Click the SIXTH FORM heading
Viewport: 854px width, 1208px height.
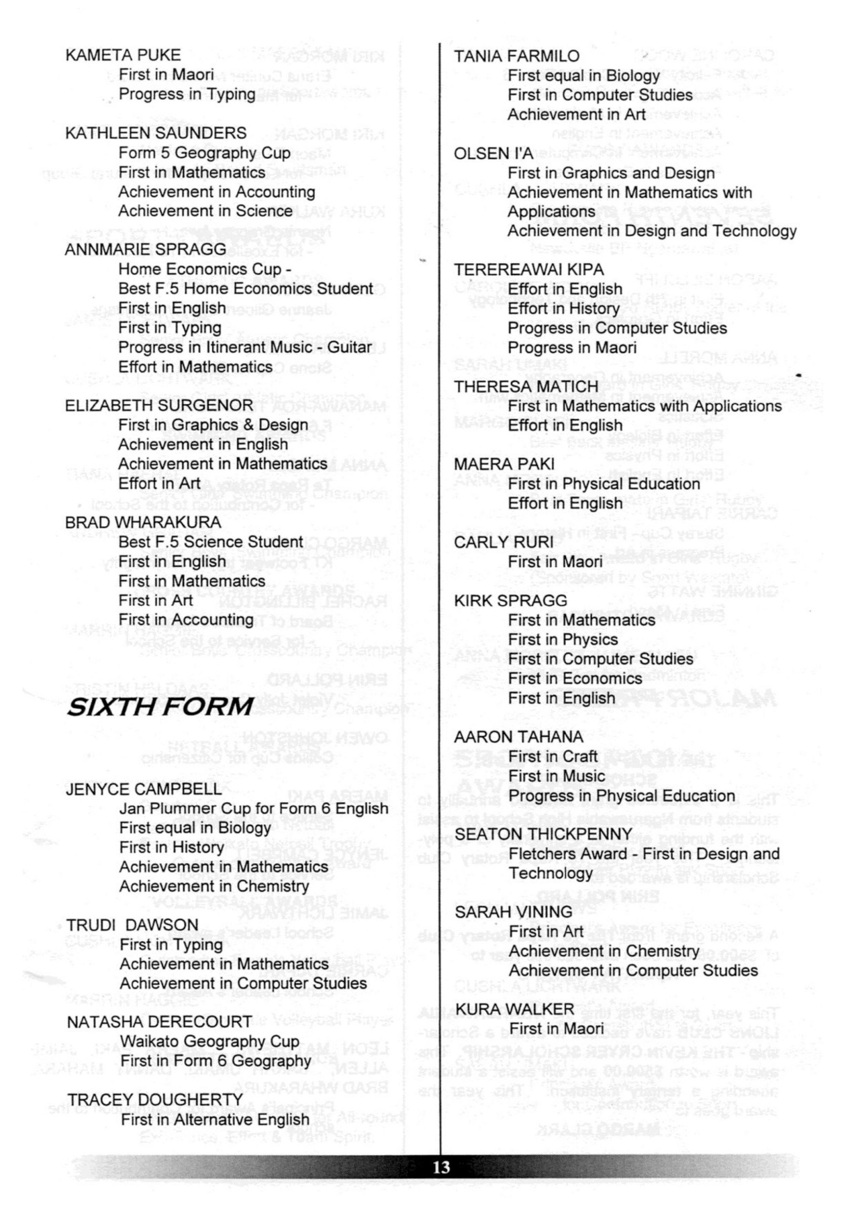coord(159,706)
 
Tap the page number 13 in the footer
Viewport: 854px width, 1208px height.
coord(441,1167)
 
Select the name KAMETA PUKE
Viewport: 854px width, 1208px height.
coord(123,55)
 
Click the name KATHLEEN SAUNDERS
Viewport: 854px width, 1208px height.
coord(156,133)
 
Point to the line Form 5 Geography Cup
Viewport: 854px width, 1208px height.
coord(205,153)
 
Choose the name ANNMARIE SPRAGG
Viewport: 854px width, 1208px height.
coord(146,249)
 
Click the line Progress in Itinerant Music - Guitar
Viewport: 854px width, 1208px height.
coord(245,347)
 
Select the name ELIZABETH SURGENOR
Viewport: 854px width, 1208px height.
coord(159,405)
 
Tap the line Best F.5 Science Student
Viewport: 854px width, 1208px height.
coord(211,542)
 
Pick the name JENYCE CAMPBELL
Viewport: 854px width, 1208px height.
coord(144,789)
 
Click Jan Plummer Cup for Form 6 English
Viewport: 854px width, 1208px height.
coord(254,809)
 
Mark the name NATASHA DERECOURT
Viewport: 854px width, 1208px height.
coord(159,1021)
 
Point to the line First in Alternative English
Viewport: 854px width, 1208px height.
coord(215,1119)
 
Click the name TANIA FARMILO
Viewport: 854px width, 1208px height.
coord(516,56)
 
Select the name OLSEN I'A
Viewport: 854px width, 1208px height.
coord(493,154)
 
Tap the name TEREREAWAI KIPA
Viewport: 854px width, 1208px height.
coord(528,270)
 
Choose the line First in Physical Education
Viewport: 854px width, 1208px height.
coord(604,484)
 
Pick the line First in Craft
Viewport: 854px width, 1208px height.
coord(553,756)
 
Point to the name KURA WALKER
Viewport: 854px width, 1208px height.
coord(514,1009)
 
